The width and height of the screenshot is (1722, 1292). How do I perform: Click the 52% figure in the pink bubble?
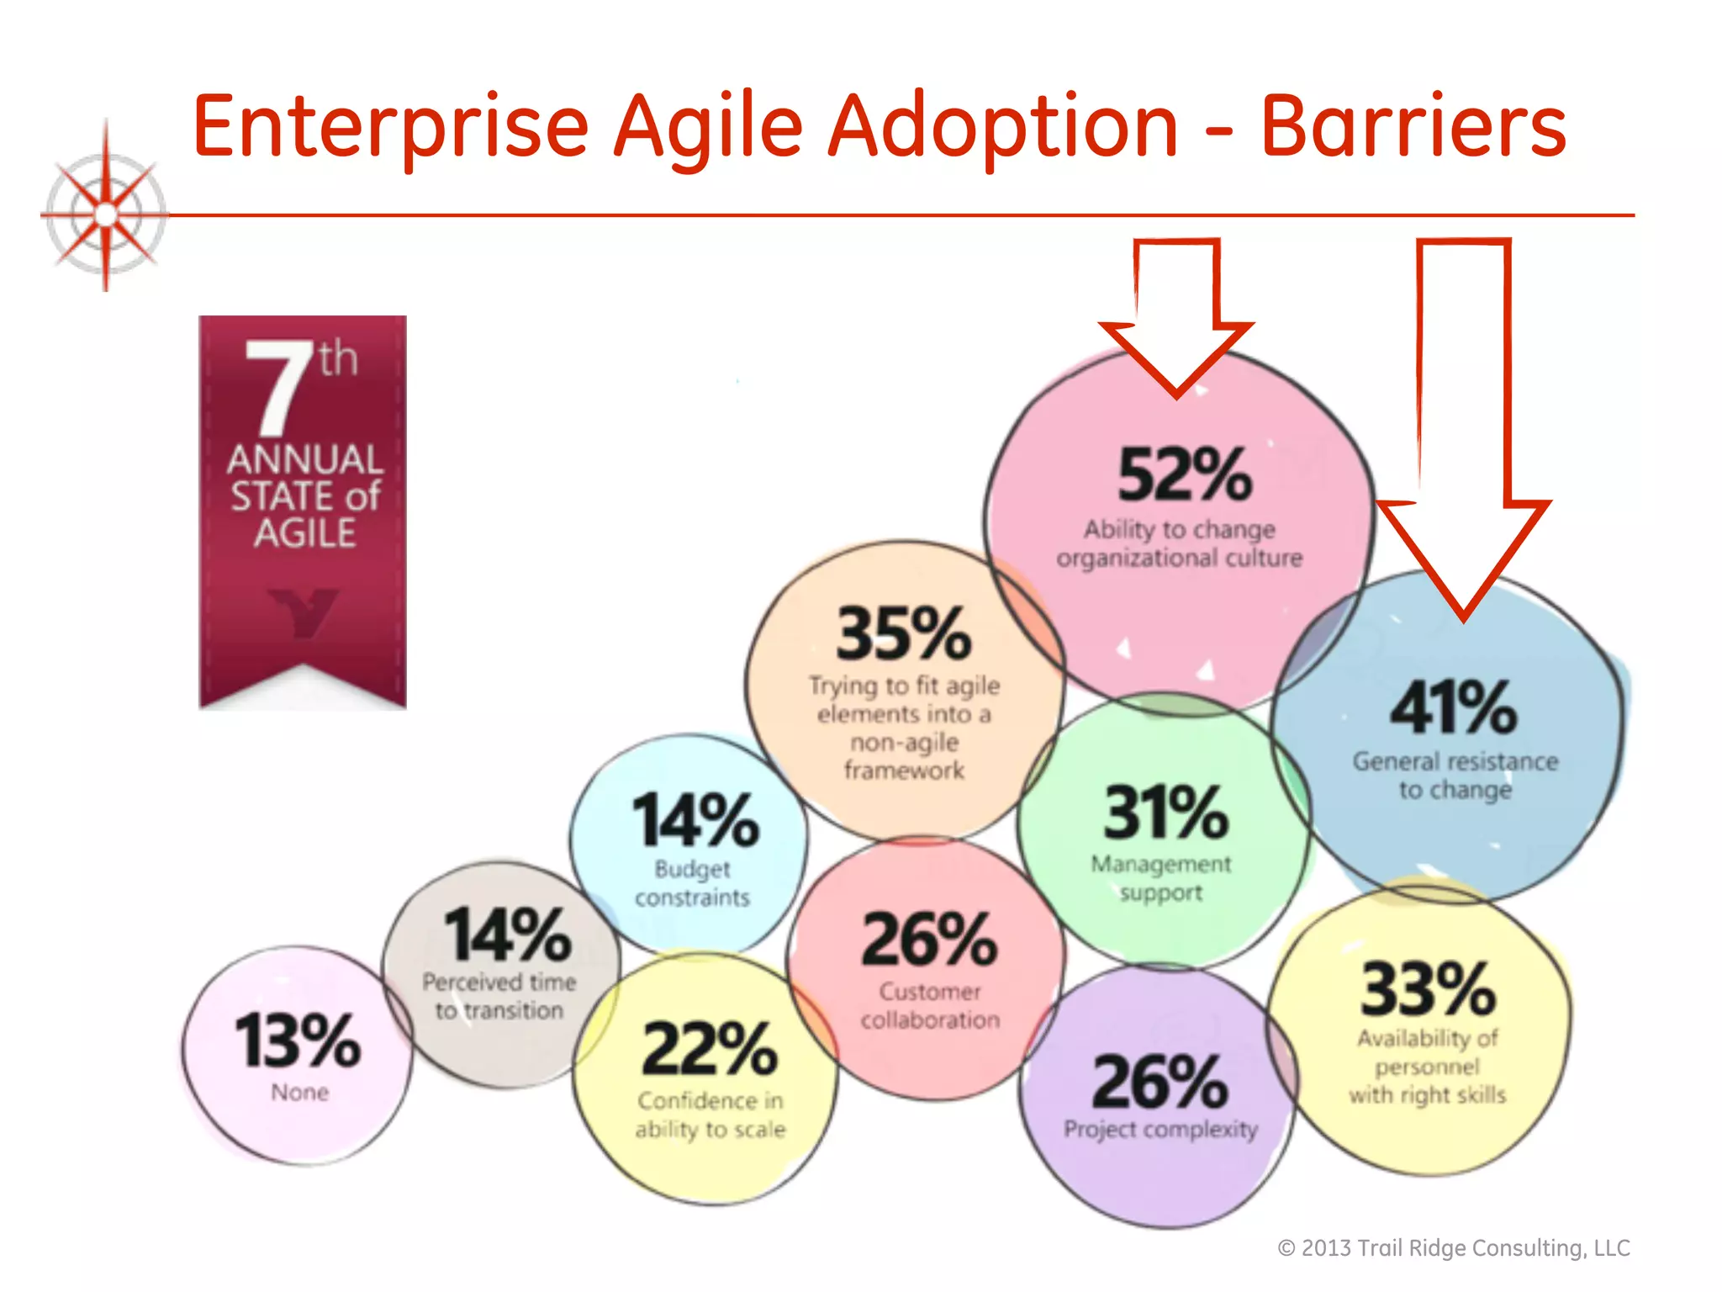[1184, 474]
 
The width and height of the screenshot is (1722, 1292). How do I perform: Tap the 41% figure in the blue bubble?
[1453, 707]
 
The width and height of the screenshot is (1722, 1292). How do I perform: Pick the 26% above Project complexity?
[1160, 1083]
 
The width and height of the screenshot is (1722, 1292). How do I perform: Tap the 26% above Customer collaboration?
[929, 940]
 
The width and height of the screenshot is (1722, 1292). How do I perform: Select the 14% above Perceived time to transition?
[507, 935]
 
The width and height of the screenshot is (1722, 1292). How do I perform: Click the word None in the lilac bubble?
[299, 1093]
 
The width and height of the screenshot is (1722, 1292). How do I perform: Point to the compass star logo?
[106, 214]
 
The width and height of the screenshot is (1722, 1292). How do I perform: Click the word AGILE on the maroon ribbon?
[304, 533]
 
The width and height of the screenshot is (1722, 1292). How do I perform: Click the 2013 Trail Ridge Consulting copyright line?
[1453, 1247]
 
